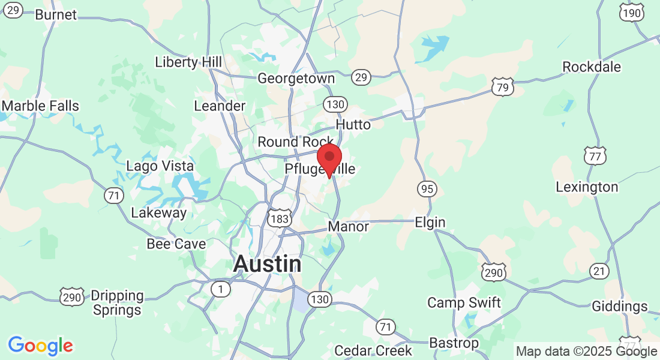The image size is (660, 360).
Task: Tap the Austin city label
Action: [x=267, y=264]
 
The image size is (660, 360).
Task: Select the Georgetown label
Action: [x=296, y=79]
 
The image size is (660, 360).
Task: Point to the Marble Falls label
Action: [x=40, y=106]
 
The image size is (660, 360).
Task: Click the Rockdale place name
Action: [x=591, y=67]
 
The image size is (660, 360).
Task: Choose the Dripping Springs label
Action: [x=117, y=303]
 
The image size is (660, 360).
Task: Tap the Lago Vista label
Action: [x=160, y=166]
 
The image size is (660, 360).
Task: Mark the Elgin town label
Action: [x=430, y=223]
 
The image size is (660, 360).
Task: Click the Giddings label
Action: [x=619, y=307]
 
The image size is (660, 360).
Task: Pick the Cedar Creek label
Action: [x=373, y=350]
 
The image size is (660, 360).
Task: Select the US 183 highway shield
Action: [x=281, y=218]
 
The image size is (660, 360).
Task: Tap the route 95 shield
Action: [x=427, y=190]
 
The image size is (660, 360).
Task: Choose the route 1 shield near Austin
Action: [x=221, y=290]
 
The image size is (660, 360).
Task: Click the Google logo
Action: [x=40, y=346]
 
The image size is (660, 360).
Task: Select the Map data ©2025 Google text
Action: [x=586, y=352]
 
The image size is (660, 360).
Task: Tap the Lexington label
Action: [x=586, y=187]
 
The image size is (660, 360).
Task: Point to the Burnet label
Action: [x=56, y=15]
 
